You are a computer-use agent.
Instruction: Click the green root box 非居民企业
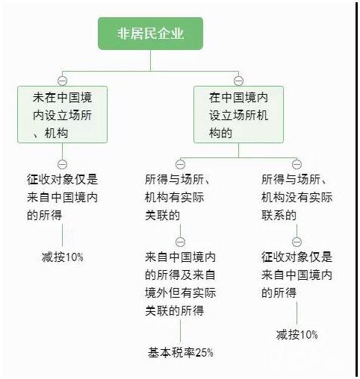tap(150, 34)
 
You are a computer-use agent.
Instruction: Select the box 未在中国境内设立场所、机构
tap(62, 114)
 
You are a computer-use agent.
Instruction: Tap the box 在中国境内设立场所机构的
tap(238, 114)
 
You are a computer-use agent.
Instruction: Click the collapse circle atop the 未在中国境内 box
tap(62, 81)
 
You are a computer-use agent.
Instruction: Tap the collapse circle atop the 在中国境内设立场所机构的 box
tap(238, 81)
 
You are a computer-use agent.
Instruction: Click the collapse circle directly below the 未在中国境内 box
tap(62, 164)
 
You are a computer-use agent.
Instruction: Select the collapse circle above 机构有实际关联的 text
tap(180, 164)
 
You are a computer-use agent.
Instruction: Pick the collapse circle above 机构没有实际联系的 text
tap(297, 164)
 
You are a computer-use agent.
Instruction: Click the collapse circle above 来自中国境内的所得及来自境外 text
tap(180, 242)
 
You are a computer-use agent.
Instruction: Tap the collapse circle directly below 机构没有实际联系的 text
tap(297, 242)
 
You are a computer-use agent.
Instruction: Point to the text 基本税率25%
tap(181, 352)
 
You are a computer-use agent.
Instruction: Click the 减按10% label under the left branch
tap(62, 257)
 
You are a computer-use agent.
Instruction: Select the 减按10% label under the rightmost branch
tap(297, 334)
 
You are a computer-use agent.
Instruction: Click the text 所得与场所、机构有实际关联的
tap(177, 197)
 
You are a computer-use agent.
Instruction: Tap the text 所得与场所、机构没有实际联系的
tap(297, 197)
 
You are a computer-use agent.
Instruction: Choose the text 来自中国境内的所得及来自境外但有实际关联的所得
tap(180, 284)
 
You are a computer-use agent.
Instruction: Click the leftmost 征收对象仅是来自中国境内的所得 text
tap(62, 197)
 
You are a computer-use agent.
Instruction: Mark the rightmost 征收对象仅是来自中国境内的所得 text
tap(297, 275)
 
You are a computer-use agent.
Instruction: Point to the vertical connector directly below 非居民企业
tap(150, 60)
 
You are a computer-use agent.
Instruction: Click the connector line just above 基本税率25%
tap(180, 331)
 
